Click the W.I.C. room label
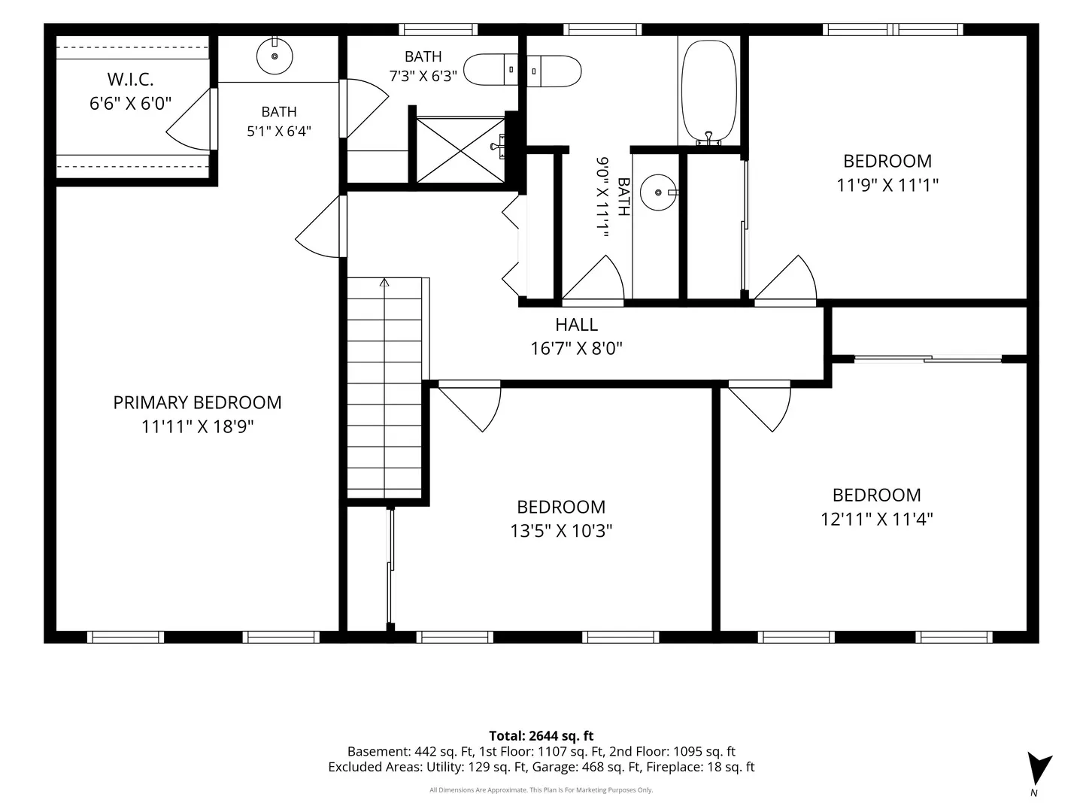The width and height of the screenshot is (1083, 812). point(130,80)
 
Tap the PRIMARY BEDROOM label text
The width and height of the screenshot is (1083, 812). point(197,403)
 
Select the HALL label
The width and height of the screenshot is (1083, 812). point(576,325)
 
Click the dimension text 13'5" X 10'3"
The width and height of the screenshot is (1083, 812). point(561,531)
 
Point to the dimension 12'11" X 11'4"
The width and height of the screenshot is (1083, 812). point(877,519)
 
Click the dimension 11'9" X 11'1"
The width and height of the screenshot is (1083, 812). point(887,186)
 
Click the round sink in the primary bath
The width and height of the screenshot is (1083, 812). point(275,56)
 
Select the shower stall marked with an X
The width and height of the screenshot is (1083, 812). point(460,150)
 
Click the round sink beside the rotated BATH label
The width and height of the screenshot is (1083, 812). point(659,192)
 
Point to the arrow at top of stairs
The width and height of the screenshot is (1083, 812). point(384,283)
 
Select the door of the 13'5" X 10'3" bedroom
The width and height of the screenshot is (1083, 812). point(470,406)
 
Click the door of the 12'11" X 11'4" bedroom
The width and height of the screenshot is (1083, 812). point(760,406)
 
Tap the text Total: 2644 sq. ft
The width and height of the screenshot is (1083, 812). point(541,736)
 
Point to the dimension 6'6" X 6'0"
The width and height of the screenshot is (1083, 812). point(130,104)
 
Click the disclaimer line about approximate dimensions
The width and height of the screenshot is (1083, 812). point(541,790)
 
